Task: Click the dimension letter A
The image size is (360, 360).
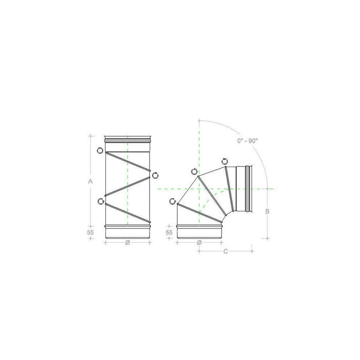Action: click(90, 182)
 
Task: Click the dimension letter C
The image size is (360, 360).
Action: click(225, 251)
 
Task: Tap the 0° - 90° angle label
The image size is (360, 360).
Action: click(247, 140)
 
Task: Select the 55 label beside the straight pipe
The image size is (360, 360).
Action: click(91, 232)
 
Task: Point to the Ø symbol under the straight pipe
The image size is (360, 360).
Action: click(127, 243)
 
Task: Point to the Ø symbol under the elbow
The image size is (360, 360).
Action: click(199, 243)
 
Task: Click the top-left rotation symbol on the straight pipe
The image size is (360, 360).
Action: click(100, 150)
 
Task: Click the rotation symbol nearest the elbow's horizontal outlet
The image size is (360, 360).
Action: click(225, 162)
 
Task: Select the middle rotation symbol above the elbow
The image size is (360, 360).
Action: click(193, 171)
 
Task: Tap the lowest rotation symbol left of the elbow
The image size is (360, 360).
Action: click(173, 201)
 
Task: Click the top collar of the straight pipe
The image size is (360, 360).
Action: click(127, 139)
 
